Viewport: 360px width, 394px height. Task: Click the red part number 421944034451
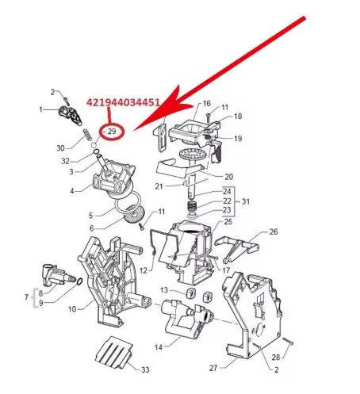tap(124, 102)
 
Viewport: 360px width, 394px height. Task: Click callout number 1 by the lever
tap(41, 109)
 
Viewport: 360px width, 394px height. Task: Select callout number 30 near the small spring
tap(60, 147)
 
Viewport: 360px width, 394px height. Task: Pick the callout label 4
tap(71, 190)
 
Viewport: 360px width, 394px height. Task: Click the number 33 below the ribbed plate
tap(145, 370)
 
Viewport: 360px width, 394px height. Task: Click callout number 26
tap(274, 232)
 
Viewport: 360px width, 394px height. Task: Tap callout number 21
tap(158, 186)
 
